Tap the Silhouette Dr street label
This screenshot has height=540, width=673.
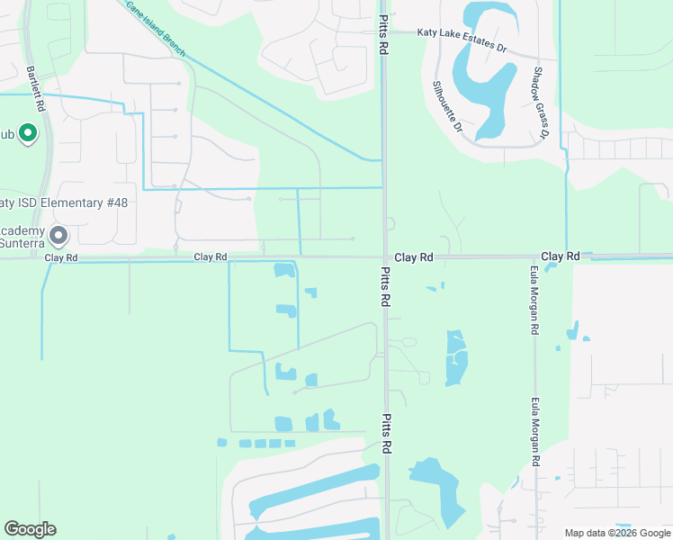(x=447, y=107)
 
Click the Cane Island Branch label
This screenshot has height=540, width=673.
(x=155, y=28)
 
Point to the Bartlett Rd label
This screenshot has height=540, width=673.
(x=36, y=88)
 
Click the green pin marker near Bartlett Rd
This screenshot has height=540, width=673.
(x=27, y=135)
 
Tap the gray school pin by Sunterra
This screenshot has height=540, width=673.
(x=59, y=237)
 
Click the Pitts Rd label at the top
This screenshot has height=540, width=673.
(x=384, y=35)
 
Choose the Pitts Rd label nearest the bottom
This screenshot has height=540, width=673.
(x=386, y=434)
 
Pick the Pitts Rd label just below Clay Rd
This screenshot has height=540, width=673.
(x=385, y=287)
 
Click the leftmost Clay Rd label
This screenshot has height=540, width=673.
(x=61, y=257)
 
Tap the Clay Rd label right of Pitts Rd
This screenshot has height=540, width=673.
(x=415, y=257)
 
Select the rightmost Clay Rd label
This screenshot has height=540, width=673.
(x=561, y=256)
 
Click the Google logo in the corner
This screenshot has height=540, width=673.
(x=30, y=529)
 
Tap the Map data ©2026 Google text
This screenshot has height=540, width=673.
(x=617, y=533)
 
